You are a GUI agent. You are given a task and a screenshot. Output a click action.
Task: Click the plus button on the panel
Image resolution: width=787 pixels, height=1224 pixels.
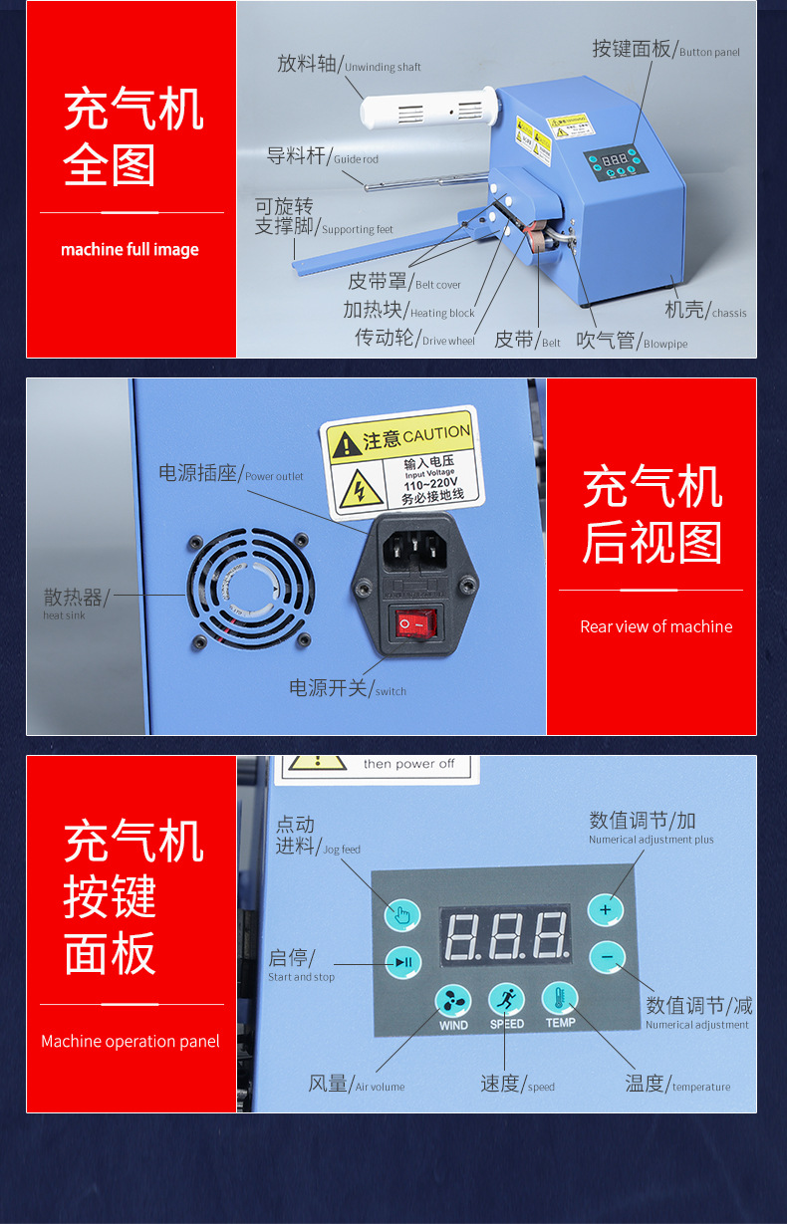605,909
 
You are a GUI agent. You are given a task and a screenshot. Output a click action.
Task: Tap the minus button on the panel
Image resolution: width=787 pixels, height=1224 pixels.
606,957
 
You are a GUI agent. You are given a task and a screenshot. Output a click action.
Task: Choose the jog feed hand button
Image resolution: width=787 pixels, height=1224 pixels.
402,914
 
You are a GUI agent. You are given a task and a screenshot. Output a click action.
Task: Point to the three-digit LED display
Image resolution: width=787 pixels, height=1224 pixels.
505,935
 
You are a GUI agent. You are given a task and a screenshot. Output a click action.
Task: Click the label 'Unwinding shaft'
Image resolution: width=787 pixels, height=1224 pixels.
383,67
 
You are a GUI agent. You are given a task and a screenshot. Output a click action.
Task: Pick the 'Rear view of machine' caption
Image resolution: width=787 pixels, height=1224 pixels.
656,626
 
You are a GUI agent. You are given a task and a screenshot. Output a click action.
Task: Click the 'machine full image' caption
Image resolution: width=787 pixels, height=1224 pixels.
130,249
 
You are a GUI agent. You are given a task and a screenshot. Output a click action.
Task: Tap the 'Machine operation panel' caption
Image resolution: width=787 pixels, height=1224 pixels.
131,1041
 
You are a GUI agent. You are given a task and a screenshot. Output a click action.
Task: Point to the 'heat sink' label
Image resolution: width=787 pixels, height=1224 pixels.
65,615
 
